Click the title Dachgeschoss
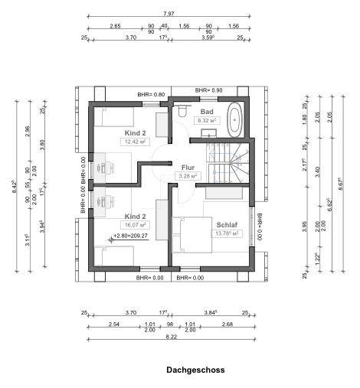coord(195,370)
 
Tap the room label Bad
coord(206,112)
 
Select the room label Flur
coord(188,168)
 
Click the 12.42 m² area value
coord(135,142)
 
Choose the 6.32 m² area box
coord(208,120)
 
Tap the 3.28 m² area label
coord(188,176)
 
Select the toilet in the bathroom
coord(182,112)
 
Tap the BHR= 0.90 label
coord(208,90)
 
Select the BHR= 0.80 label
coord(151,94)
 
